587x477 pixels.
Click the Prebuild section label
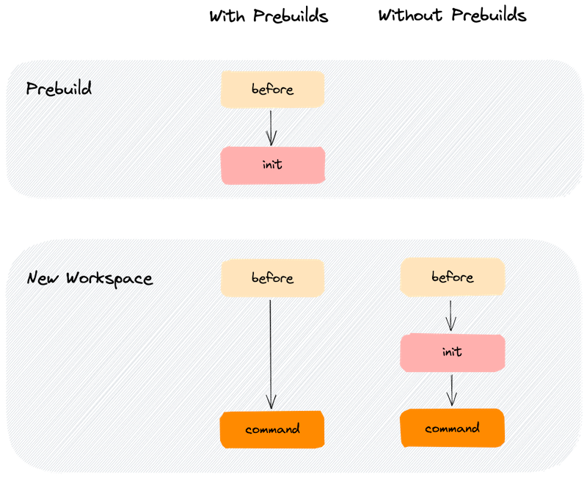[x=59, y=90]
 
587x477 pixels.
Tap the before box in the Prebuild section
[x=272, y=90]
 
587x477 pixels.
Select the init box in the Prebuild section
[x=272, y=165]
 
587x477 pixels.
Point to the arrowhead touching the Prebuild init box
[x=271, y=141]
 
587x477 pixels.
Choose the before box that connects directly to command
[x=272, y=278]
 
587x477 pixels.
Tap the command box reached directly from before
[x=272, y=429]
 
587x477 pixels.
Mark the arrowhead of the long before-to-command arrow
[x=271, y=404]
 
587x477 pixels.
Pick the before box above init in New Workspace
[x=452, y=277]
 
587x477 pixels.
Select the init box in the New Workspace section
[x=452, y=352]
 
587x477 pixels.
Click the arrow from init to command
[x=451, y=389]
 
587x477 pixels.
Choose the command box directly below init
[x=452, y=428]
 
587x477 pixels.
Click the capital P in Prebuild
[x=32, y=90]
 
